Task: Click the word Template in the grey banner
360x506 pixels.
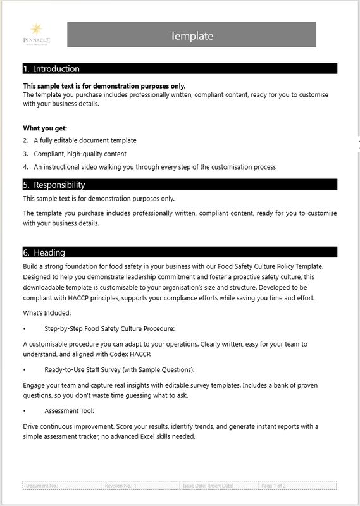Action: point(192,36)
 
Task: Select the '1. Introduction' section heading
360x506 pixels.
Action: point(51,69)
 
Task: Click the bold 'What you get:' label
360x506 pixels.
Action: point(45,128)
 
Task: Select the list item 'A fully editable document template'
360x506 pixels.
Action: point(85,140)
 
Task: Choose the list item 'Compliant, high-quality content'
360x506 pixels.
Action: point(80,154)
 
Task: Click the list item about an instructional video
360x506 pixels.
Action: point(154,167)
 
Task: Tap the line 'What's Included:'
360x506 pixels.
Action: point(47,313)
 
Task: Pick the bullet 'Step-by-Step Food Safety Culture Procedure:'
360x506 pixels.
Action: point(109,329)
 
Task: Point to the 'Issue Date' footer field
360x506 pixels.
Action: point(208,486)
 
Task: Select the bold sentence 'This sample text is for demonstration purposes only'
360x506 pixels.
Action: point(104,86)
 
